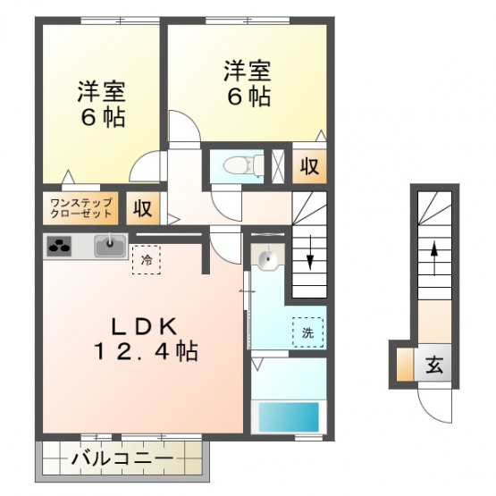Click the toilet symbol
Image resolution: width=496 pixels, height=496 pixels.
point(243,164)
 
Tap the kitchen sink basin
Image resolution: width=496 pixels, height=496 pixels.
point(110,246)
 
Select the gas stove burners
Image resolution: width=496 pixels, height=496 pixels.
point(59,246)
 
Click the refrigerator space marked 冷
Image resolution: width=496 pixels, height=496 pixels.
point(147,260)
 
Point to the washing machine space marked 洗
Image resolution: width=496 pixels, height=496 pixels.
point(308,332)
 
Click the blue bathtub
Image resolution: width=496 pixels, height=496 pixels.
point(289,416)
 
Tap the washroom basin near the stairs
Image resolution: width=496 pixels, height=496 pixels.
point(268,256)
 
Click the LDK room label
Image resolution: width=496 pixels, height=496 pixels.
point(144,327)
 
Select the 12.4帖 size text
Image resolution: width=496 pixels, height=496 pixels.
point(144,351)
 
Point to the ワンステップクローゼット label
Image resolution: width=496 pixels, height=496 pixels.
point(81,208)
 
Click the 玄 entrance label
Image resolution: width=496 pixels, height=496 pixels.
point(434,365)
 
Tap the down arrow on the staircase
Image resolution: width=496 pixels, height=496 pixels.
point(310,252)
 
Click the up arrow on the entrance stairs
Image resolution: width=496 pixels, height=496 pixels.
point(434,258)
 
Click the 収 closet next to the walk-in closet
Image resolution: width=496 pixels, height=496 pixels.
point(142,208)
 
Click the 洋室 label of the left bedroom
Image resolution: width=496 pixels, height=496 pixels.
point(102,92)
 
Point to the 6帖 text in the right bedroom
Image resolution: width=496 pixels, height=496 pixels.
point(249,96)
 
